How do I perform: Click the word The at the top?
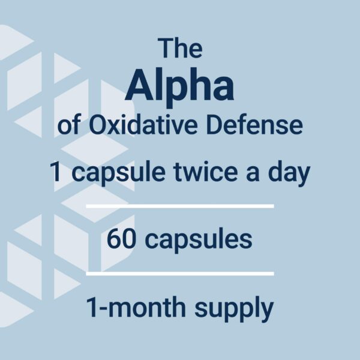click(x=180, y=48)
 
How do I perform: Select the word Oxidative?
click(x=143, y=125)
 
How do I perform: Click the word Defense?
click(x=254, y=125)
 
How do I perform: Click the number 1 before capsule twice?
click(x=56, y=171)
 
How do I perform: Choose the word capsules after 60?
click(x=199, y=241)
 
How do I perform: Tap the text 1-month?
click(x=136, y=307)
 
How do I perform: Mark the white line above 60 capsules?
click(x=180, y=206)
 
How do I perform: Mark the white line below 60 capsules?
click(x=180, y=273)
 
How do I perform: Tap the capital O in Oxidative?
click(x=99, y=125)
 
